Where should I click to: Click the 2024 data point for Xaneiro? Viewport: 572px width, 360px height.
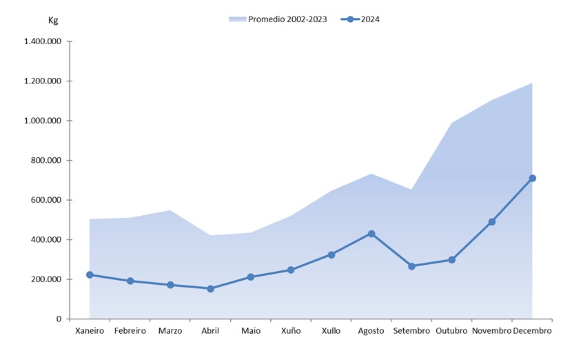90,274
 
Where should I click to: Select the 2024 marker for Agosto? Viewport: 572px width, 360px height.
371,234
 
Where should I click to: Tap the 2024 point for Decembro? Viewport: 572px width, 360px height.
532,179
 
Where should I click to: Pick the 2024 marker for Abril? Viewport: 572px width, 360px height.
210,288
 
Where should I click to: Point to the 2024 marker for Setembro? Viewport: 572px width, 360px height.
411,266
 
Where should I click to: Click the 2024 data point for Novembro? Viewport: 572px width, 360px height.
492,222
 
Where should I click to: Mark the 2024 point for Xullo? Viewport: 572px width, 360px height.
331,254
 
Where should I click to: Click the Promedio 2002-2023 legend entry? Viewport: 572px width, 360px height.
280,19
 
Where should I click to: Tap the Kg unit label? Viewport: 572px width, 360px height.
53,20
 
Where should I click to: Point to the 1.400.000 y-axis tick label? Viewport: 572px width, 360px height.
43,41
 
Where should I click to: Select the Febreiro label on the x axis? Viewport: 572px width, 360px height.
130,331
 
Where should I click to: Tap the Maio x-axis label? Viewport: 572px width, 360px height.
251,331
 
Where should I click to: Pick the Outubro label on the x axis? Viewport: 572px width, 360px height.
451,331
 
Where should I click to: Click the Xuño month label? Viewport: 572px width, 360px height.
291,331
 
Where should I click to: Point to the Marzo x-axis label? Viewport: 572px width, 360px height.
170,331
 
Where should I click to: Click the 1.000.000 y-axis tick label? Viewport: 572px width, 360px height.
43,121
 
